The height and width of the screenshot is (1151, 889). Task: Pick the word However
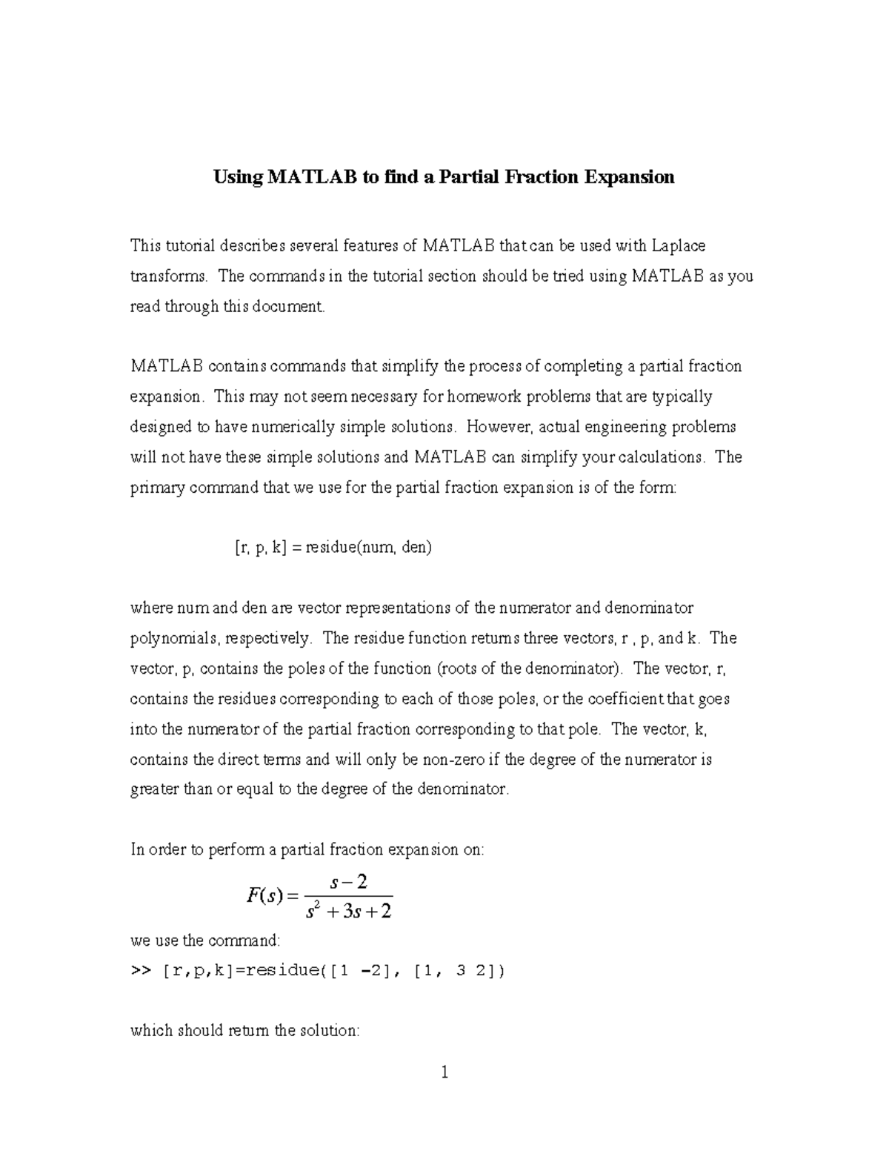coord(500,427)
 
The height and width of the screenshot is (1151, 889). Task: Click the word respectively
coord(269,639)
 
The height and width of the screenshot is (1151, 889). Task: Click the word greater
coord(154,790)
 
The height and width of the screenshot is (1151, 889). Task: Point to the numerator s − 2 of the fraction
coord(349,882)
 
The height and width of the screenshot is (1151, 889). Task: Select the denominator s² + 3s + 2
coord(349,910)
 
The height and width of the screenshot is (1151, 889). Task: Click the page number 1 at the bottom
coord(444,1072)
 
